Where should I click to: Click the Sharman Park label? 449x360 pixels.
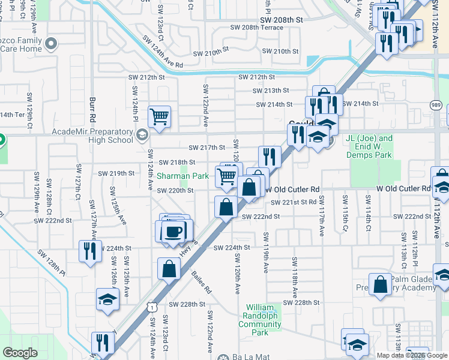click(x=182, y=176)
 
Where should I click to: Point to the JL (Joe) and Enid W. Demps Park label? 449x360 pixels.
click(x=369, y=146)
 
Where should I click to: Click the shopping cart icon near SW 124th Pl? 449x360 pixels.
click(x=159, y=116)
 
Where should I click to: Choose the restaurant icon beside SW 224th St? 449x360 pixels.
click(x=90, y=250)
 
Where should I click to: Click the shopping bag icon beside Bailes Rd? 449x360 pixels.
click(x=169, y=268)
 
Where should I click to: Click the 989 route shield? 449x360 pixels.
click(x=436, y=105)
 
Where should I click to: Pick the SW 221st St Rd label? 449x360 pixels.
click(x=293, y=203)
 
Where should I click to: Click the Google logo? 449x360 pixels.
click(x=20, y=353)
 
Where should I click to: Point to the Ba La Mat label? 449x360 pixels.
click(x=247, y=356)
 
